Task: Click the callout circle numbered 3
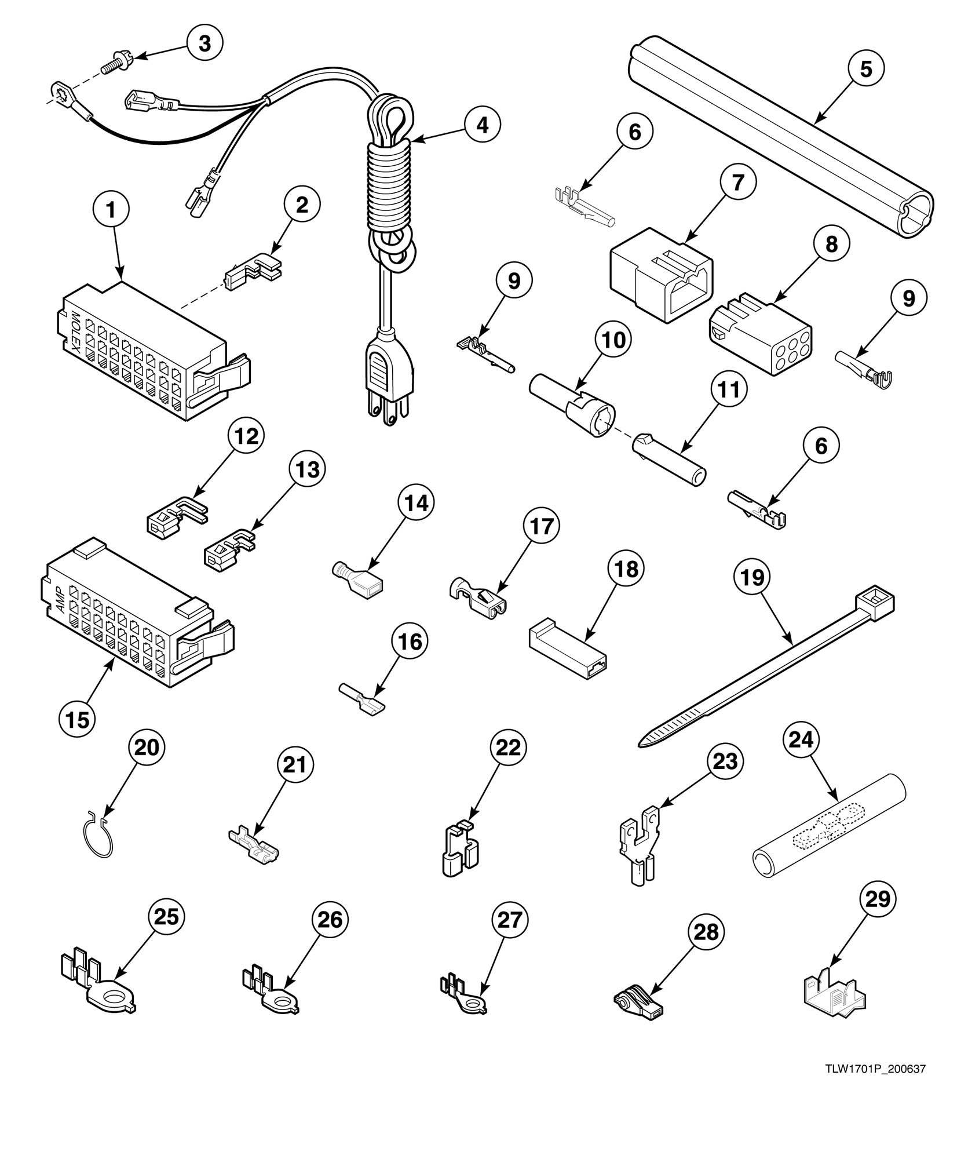(204, 43)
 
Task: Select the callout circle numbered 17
(542, 526)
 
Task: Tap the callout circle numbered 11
(729, 390)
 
